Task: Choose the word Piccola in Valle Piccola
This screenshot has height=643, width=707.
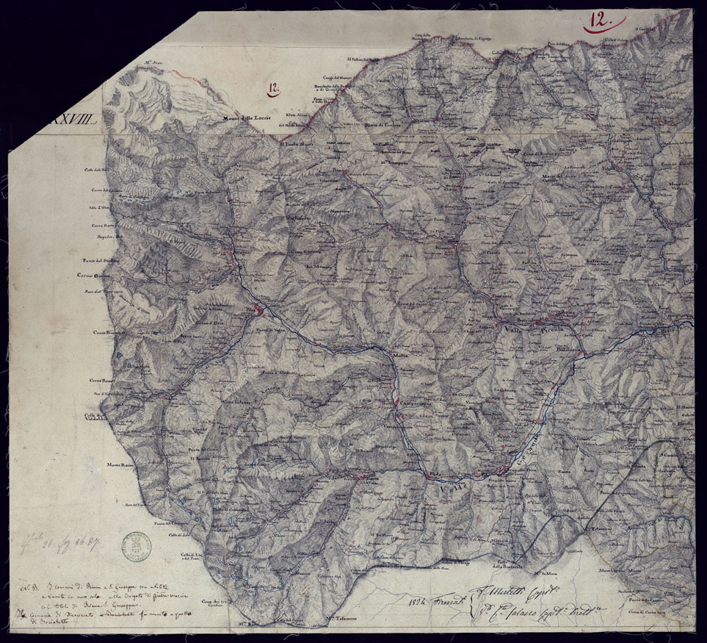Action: tap(552, 331)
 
